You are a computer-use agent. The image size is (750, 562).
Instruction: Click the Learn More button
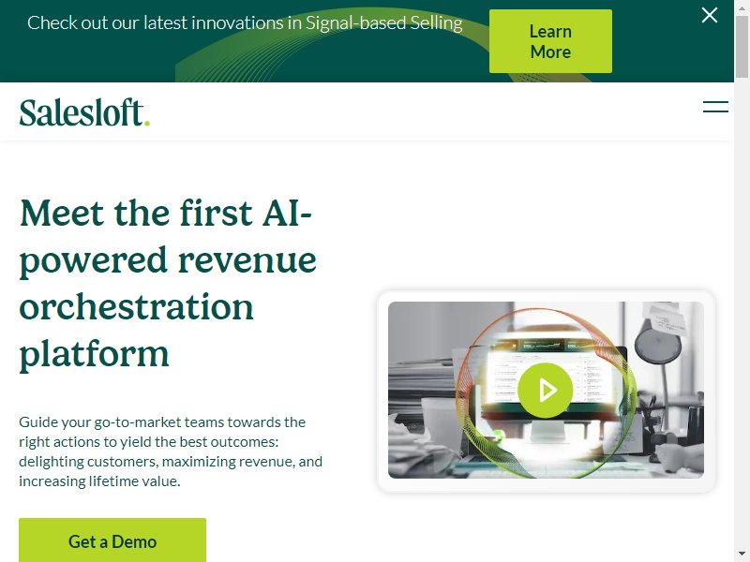[x=550, y=41]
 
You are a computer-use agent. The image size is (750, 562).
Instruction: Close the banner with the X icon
[x=710, y=15]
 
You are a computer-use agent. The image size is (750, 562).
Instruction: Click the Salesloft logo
[x=84, y=112]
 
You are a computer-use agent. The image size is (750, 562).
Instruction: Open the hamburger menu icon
[x=715, y=107]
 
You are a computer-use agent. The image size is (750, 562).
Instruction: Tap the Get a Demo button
[x=112, y=540]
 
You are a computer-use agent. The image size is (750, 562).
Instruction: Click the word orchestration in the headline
[x=136, y=307]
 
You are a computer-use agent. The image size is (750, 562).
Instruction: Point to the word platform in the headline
[x=95, y=354]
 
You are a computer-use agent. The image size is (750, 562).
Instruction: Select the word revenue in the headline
[x=247, y=261]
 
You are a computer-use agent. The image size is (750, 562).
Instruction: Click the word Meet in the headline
[x=62, y=213]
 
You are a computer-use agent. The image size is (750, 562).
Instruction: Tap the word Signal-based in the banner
[x=356, y=23]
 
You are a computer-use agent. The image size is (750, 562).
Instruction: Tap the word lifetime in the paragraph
[x=114, y=481]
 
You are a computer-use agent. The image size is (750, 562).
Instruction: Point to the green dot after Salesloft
[x=147, y=124]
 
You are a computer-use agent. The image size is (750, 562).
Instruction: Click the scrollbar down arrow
[x=742, y=555]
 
